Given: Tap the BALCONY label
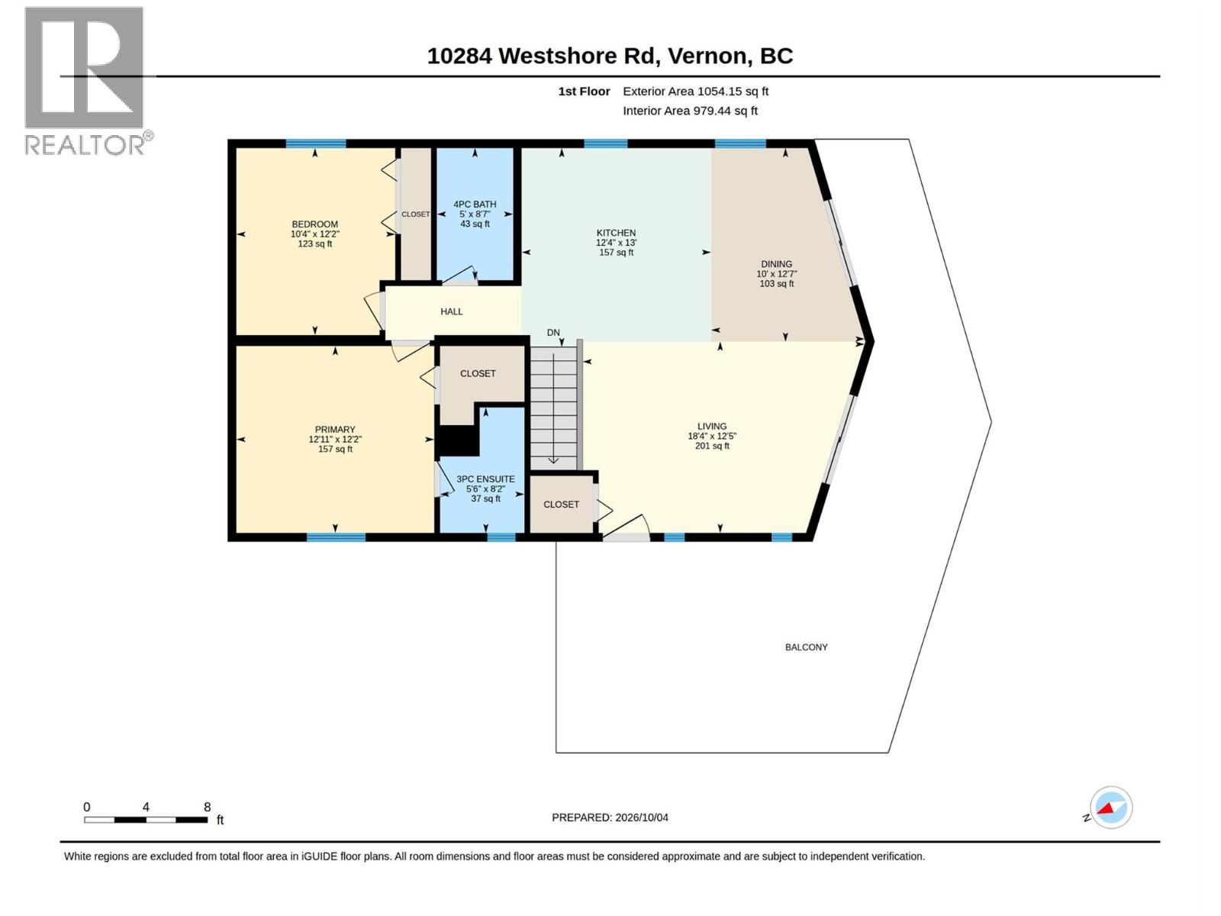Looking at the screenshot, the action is [806, 647].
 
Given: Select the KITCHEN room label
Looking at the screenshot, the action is [616, 233].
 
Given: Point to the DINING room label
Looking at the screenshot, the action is [777, 264].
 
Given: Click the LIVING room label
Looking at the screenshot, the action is [712, 427].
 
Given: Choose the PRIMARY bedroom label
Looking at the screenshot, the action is [335, 429].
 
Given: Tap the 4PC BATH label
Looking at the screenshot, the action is [475, 204].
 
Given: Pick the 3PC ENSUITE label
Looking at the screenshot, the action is [485, 479].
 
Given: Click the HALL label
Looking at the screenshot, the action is [452, 311].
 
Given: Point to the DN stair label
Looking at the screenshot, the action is [553, 333].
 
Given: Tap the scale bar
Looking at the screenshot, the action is [146, 820].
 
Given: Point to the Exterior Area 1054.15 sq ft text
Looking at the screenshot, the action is [695, 91].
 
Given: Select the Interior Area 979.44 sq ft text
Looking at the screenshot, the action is [690, 111].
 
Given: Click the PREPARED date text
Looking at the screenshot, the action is [610, 818].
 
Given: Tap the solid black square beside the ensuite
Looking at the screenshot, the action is [458, 441].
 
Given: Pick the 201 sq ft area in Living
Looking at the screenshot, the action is [712, 446].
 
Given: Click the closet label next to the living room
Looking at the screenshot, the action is [561, 505].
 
